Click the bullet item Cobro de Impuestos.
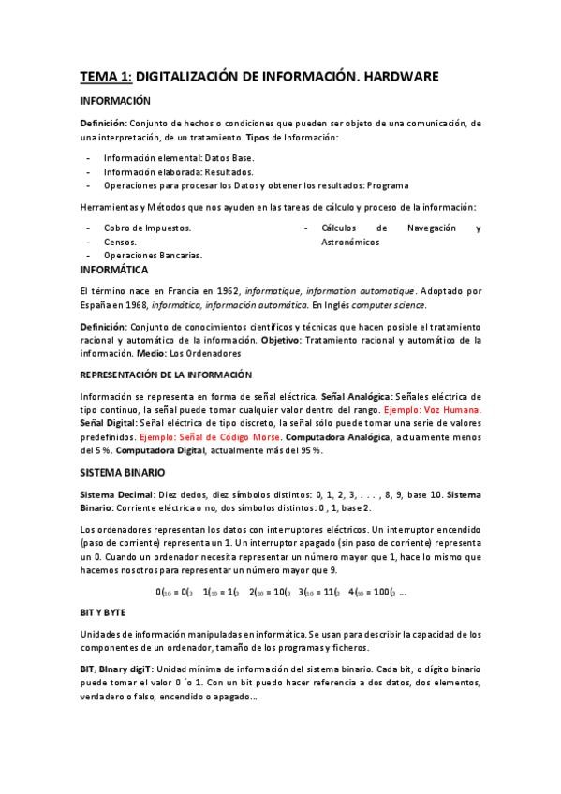pyautogui.click(x=148, y=228)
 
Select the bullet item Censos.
pyautogui.click(x=120, y=241)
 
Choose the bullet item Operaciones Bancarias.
pyautogui.click(x=153, y=254)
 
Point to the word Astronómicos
pyautogui.click(x=349, y=241)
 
